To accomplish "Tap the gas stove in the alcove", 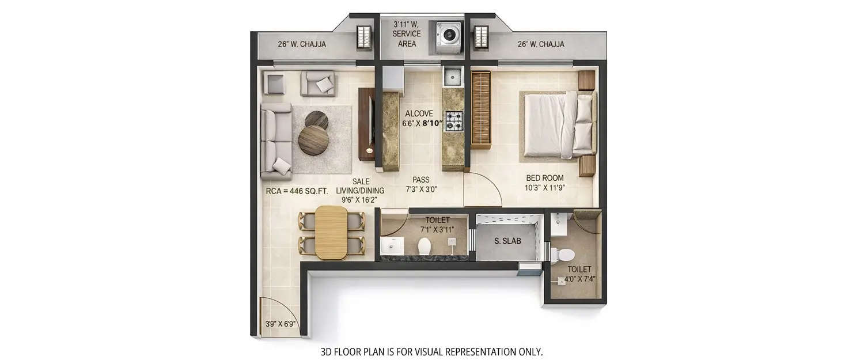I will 453,120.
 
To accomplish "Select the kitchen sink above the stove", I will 452,75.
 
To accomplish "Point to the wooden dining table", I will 331,232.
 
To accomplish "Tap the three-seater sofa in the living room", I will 276,142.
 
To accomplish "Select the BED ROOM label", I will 544,178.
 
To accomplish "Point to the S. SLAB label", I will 507,241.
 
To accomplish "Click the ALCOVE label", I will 419,113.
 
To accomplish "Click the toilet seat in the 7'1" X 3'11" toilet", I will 425,245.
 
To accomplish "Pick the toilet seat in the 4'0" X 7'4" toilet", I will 564,253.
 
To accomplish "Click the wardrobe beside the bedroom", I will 480,109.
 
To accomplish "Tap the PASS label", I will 421,180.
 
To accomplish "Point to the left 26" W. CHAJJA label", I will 301,44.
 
